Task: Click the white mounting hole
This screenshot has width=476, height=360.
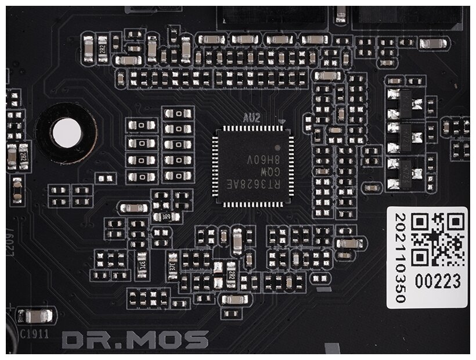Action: (x=65, y=134)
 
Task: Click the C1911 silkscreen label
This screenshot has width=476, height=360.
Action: (x=33, y=333)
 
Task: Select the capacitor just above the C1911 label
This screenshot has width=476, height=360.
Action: (x=34, y=316)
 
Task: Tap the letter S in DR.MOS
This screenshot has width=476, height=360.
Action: (x=197, y=340)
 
